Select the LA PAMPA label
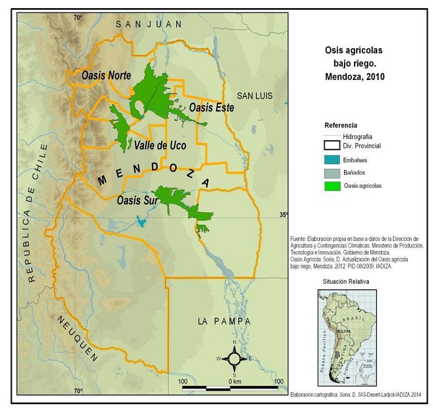pyautogui.click(x=224, y=321)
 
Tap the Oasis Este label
pyautogui.click(x=211, y=108)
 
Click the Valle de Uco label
pyautogui.click(x=160, y=145)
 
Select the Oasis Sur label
pyautogui.click(x=137, y=201)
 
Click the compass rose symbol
pyautogui.click(x=234, y=359)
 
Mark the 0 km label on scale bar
pyautogui.click(x=233, y=381)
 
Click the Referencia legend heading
pyautogui.click(x=340, y=125)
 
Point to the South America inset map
pyautogui.click(x=346, y=338)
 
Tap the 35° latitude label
pyautogui.click(x=284, y=215)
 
